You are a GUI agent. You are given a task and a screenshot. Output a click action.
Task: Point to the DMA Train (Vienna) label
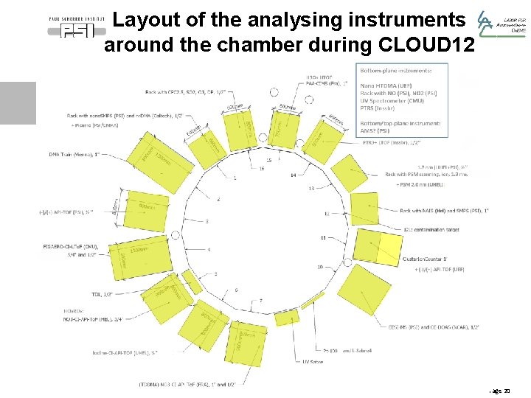tap(74, 155)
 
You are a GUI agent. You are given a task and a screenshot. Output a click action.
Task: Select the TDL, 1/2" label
tap(103, 294)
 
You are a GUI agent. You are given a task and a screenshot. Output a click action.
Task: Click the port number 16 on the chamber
tap(261, 169)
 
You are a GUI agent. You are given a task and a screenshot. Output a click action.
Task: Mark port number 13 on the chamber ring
tap(310, 189)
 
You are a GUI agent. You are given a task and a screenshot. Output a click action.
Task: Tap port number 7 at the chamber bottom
tap(260, 301)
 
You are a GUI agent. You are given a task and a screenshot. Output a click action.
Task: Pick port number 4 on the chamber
tap(209, 249)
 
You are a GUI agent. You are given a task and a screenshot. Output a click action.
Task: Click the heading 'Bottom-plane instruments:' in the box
tap(395, 71)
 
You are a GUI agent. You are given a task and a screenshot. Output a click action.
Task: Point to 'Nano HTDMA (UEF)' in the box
tap(386, 85)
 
